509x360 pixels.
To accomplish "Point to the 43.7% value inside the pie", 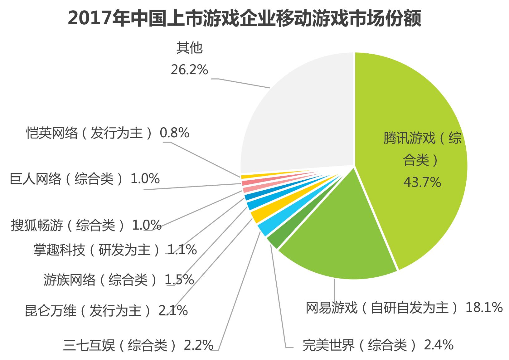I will point(422,182).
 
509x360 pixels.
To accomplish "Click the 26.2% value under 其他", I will point(189,70).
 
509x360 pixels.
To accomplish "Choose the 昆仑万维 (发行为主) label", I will point(89,311).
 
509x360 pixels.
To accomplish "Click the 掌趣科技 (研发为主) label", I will point(97,250).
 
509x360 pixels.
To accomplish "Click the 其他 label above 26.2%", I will point(189,48).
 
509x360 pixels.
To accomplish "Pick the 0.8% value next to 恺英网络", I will point(174,133).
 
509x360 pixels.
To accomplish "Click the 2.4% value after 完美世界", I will point(439,345).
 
